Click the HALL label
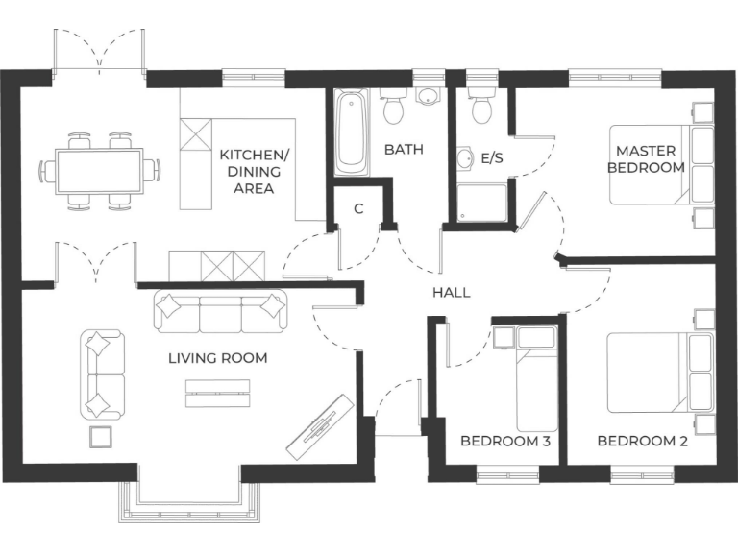point(452,292)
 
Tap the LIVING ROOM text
point(217,358)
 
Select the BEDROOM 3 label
point(504,442)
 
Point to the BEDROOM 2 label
point(642,442)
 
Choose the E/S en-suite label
point(492,157)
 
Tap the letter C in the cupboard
point(358,208)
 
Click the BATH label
point(404,150)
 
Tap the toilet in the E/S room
point(481,106)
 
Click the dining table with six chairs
point(99,171)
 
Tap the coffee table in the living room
point(217,388)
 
